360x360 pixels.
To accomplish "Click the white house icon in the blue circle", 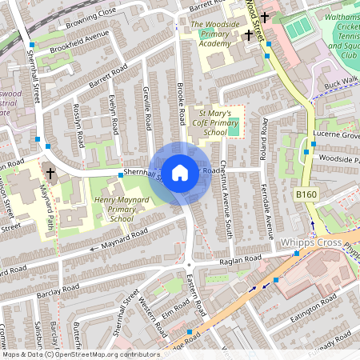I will point(180,172).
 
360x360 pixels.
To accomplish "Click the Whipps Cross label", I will point(307,242).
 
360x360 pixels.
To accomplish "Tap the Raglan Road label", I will point(238,261).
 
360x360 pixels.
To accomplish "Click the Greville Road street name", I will point(147,107).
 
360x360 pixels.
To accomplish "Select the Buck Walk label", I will point(342,82).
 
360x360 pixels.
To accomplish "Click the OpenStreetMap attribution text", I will point(80,354).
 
